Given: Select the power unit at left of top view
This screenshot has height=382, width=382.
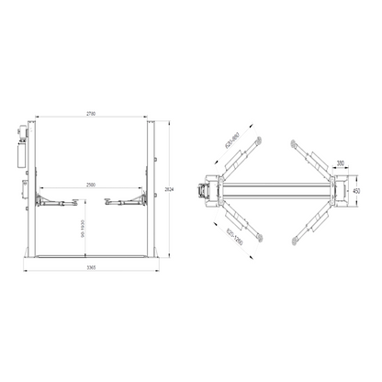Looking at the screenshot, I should coord(201,191).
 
